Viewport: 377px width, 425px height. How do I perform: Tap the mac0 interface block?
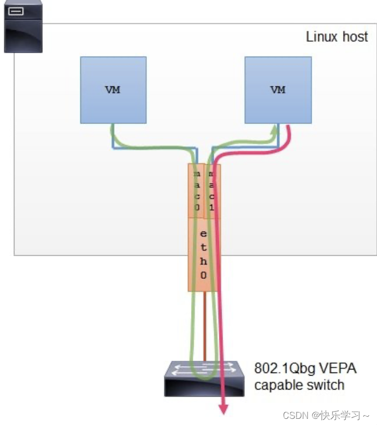click(x=196, y=190)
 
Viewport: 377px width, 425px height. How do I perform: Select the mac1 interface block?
click(x=213, y=190)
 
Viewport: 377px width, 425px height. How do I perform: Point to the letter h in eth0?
click(x=203, y=261)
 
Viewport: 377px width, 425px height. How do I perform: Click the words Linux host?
click(x=337, y=37)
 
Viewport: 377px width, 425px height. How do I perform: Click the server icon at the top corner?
click(x=23, y=26)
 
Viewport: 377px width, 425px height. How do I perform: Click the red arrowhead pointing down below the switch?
click(x=224, y=409)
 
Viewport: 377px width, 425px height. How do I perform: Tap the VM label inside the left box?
click(x=113, y=90)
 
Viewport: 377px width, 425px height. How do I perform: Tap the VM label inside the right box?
click(x=278, y=90)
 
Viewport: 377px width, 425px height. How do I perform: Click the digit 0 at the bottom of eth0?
click(x=203, y=275)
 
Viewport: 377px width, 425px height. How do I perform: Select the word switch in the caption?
click(x=327, y=385)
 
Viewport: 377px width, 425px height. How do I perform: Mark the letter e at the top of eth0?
click(x=203, y=234)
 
